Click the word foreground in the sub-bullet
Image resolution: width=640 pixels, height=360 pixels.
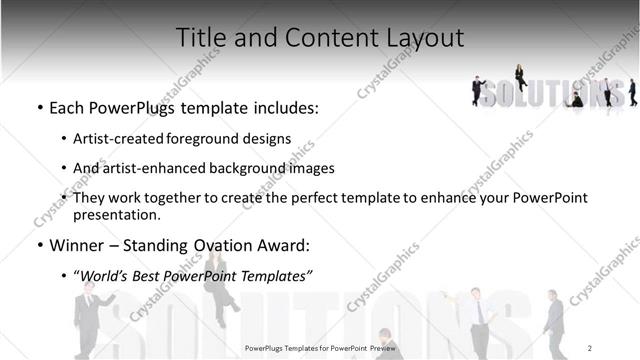pyautogui.click(x=206, y=139)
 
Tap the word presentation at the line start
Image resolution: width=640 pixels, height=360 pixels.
pyautogui.click(x=116, y=214)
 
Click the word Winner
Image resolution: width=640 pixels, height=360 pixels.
pyautogui.click(x=76, y=244)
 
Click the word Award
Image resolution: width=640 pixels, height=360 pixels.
pyautogui.click(x=284, y=244)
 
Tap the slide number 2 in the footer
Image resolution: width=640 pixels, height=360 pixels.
pyautogui.click(x=591, y=347)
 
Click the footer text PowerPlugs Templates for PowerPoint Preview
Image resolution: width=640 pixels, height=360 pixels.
pyautogui.click(x=320, y=347)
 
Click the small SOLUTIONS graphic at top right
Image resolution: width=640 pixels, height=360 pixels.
pyautogui.click(x=551, y=92)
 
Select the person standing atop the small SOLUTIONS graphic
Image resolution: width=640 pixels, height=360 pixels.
pyautogui.click(x=520, y=75)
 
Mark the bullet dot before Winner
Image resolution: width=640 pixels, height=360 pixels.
pyautogui.click(x=38, y=244)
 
